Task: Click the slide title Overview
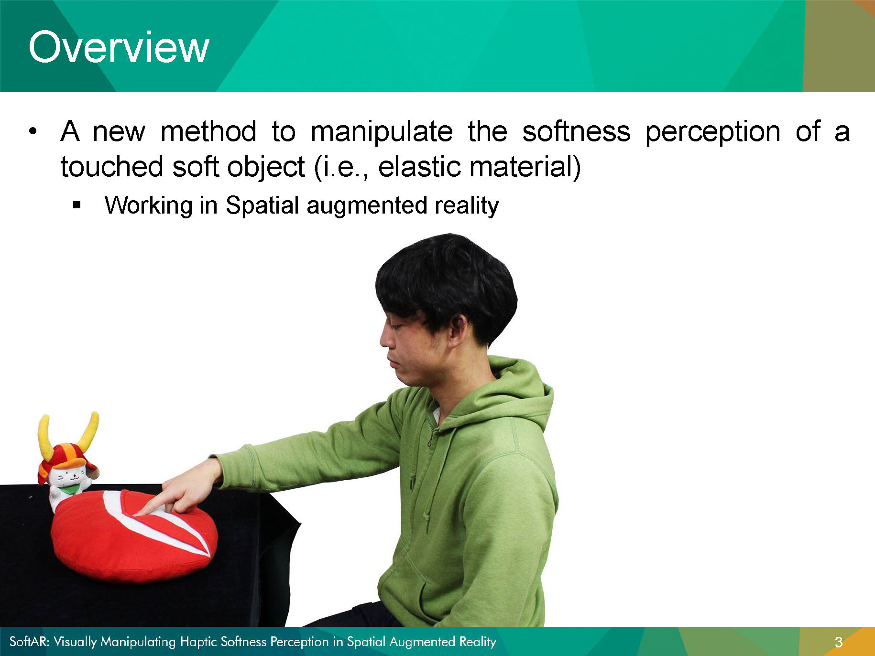[119, 47]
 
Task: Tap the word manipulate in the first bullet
[382, 131]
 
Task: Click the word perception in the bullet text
[713, 132]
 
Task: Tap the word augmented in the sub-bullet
[367, 206]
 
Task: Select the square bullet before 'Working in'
[77, 205]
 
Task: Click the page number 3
[838, 642]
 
